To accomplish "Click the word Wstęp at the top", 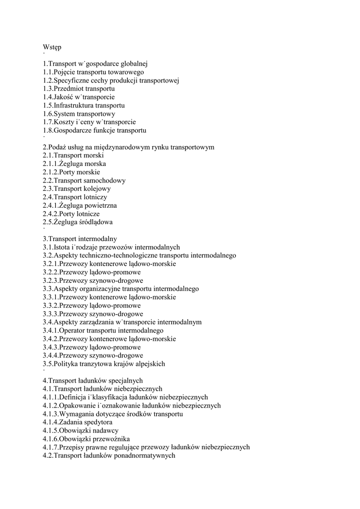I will click(x=52, y=47).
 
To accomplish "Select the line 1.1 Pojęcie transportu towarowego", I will click(x=93, y=72).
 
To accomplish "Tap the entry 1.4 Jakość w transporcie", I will click(x=79, y=97).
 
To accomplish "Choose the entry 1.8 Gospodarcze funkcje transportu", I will click(x=94, y=130).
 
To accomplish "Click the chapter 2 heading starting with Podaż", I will click(x=128, y=147).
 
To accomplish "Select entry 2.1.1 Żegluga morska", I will click(x=74, y=164).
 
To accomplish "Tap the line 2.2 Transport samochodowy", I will click(x=84, y=180).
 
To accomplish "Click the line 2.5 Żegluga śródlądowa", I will click(x=78, y=222).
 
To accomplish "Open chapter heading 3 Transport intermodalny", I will click(x=80, y=239).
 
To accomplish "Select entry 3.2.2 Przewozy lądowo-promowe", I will click(x=91, y=272).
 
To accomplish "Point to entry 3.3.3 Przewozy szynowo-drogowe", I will click(x=93, y=314).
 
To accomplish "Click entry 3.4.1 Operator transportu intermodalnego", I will click(x=103, y=331).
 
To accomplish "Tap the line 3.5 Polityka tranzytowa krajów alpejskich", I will click(x=104, y=364).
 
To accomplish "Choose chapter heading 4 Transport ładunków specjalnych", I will click(x=92, y=380).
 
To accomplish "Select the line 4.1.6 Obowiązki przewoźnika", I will click(x=87, y=439).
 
